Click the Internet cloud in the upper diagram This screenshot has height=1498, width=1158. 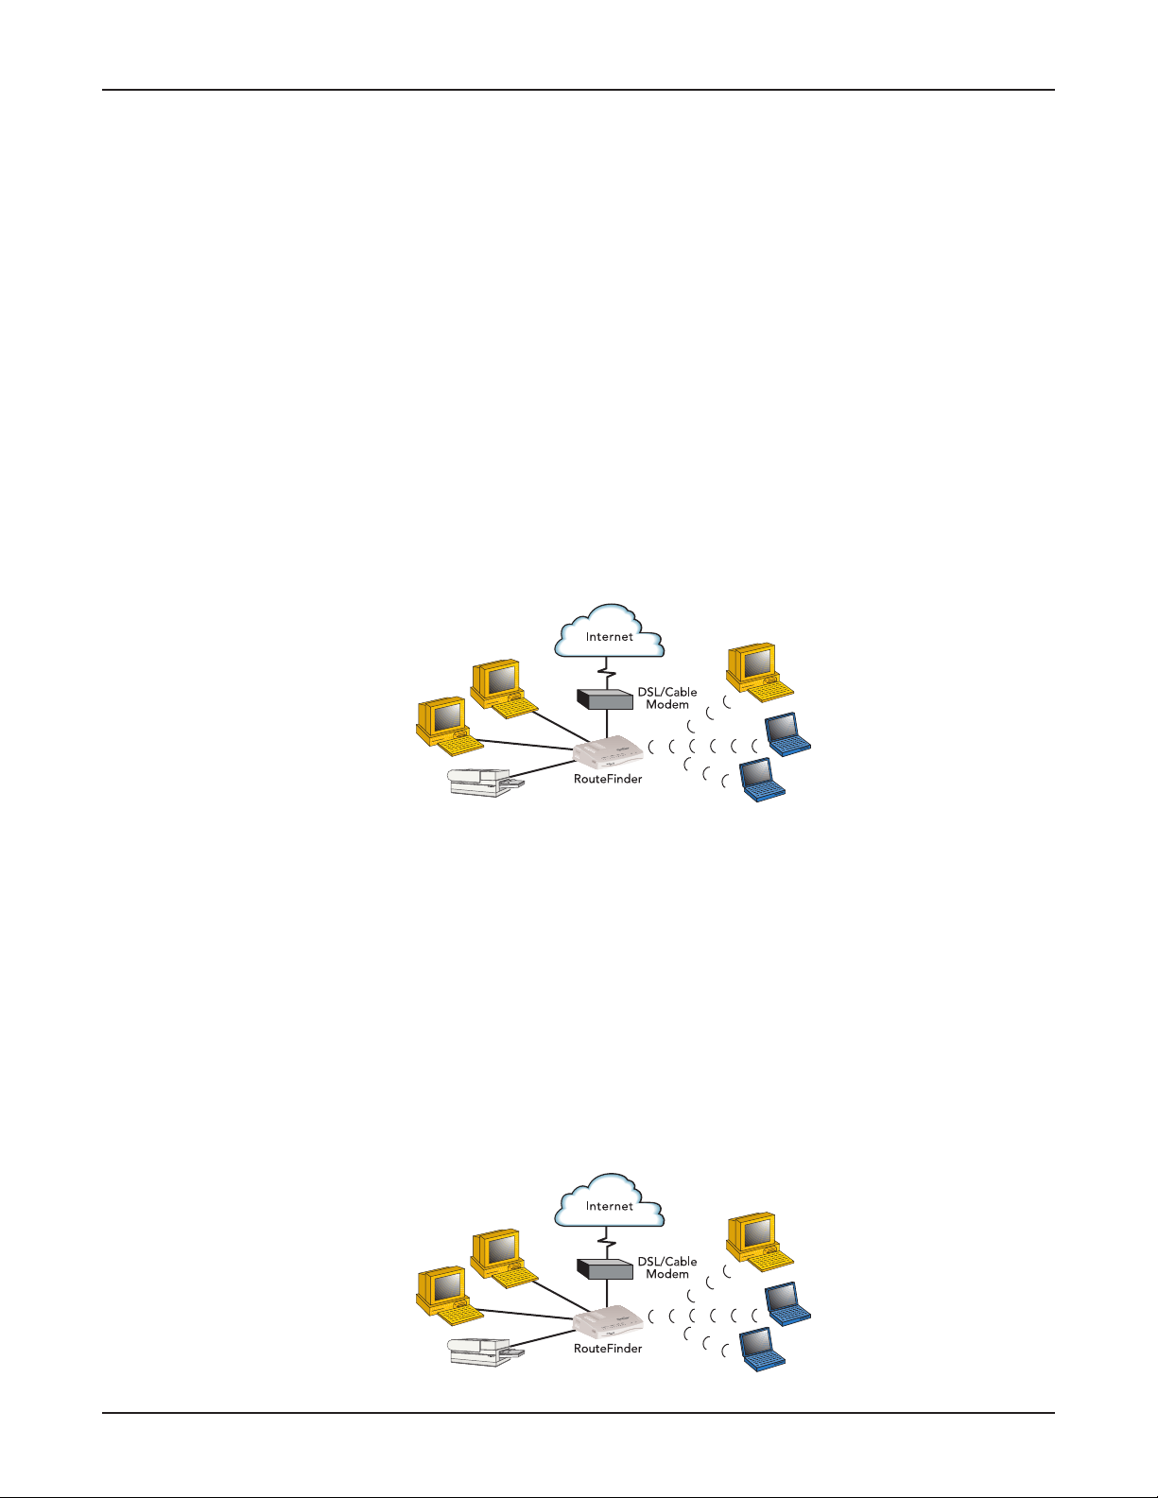coord(610,631)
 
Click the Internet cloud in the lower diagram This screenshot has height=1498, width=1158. coord(610,1201)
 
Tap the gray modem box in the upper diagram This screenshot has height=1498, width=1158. coord(605,699)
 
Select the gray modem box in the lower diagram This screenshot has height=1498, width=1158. coord(605,1268)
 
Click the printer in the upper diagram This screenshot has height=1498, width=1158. coord(486,783)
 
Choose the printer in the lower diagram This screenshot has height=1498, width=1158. coord(486,1352)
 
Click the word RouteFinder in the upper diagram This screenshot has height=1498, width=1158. coord(608,779)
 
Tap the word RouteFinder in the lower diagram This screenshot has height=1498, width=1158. coord(608,1349)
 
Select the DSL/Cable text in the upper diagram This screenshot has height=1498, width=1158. coord(667,692)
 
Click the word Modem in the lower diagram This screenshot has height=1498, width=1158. coord(667,1274)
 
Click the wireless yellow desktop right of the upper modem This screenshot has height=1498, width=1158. coord(760,673)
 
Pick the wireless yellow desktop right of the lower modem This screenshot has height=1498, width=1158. coord(760,1242)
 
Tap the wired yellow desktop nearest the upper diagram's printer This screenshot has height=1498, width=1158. coord(449,727)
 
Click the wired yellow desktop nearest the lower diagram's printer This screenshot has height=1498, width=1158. coord(449,1296)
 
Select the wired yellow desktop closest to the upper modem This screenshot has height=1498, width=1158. coord(504,689)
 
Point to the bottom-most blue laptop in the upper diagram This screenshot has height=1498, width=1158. coord(762,780)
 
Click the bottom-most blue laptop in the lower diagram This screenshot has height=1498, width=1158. coord(762,1349)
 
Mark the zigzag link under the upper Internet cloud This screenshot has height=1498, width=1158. coord(607,673)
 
